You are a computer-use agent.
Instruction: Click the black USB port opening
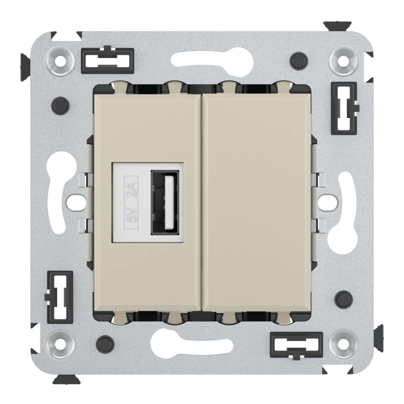[x=165, y=203]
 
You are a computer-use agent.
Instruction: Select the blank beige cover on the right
[x=256, y=202]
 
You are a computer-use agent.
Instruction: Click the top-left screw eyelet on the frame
[x=60, y=61]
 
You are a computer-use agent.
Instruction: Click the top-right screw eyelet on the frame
[x=343, y=61]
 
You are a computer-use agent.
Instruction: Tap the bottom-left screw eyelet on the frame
[x=60, y=344]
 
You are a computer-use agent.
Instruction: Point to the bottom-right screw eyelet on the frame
[x=343, y=344]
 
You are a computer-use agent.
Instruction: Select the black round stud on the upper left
[x=60, y=106]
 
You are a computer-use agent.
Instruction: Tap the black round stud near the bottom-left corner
[x=105, y=344]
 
